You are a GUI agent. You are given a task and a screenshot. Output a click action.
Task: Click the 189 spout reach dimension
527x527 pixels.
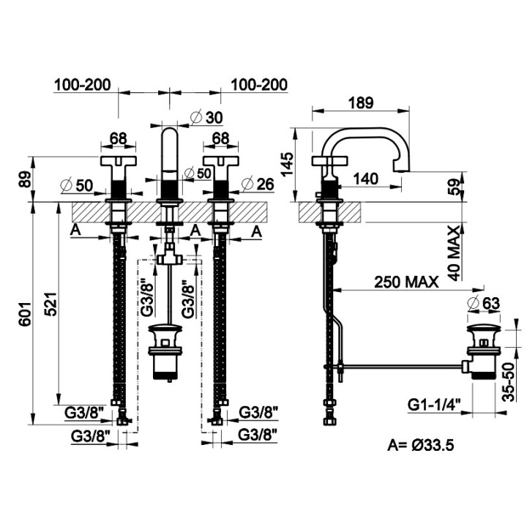[361, 102]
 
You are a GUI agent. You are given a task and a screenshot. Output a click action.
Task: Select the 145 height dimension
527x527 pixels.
[288, 165]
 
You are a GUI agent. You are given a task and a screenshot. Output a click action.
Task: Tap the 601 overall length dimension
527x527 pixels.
[26, 314]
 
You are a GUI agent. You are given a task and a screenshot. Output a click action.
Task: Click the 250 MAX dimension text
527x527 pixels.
[406, 282]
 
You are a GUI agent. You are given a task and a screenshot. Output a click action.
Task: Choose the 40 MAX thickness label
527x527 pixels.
[455, 253]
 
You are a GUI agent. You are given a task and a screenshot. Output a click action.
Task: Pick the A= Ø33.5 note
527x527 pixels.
[420, 445]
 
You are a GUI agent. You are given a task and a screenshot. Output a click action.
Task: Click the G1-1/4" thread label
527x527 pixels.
[434, 404]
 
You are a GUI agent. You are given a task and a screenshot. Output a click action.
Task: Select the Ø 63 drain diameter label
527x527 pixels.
[484, 303]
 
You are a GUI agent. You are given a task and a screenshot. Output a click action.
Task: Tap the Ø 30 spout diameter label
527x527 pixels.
[206, 117]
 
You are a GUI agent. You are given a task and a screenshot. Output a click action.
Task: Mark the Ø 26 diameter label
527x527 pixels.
[258, 184]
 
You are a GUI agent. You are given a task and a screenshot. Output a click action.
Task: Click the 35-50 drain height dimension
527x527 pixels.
[510, 382]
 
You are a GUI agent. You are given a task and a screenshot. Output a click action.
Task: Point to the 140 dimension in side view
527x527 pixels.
[366, 179]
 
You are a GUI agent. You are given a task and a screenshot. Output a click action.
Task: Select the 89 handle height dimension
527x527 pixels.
[26, 179]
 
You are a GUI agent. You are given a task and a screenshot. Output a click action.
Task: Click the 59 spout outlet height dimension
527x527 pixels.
[454, 187]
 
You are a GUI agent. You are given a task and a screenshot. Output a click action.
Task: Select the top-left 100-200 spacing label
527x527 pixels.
[82, 85]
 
